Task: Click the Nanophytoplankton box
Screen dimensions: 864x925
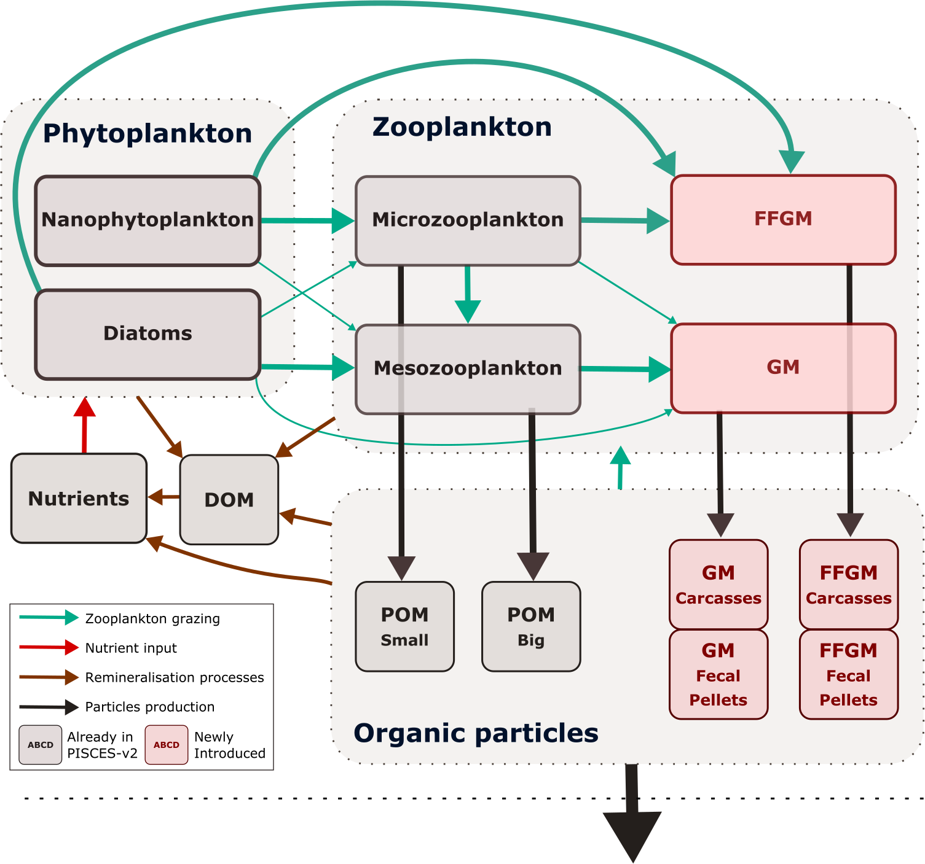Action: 148,220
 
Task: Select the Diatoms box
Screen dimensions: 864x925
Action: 148,334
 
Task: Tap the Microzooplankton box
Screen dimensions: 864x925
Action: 468,220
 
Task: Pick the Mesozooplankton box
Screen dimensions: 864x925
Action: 468,368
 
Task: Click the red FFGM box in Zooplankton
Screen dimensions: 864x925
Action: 783,219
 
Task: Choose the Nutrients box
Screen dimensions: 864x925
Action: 79,499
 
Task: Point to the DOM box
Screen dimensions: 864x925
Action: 229,500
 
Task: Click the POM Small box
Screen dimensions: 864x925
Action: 404,626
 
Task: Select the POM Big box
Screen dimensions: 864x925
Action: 531,626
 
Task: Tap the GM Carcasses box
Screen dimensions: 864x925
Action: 718,584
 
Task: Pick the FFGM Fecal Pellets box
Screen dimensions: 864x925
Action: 849,674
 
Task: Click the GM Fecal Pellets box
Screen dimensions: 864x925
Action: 718,674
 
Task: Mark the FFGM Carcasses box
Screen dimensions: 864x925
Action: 849,584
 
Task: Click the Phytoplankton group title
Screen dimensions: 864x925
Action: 148,134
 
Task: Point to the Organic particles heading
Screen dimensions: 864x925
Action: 476,733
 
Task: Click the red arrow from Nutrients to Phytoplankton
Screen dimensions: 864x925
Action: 84,427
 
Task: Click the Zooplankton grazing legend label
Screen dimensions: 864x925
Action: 152,618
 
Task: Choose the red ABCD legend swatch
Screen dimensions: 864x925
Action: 167,745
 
